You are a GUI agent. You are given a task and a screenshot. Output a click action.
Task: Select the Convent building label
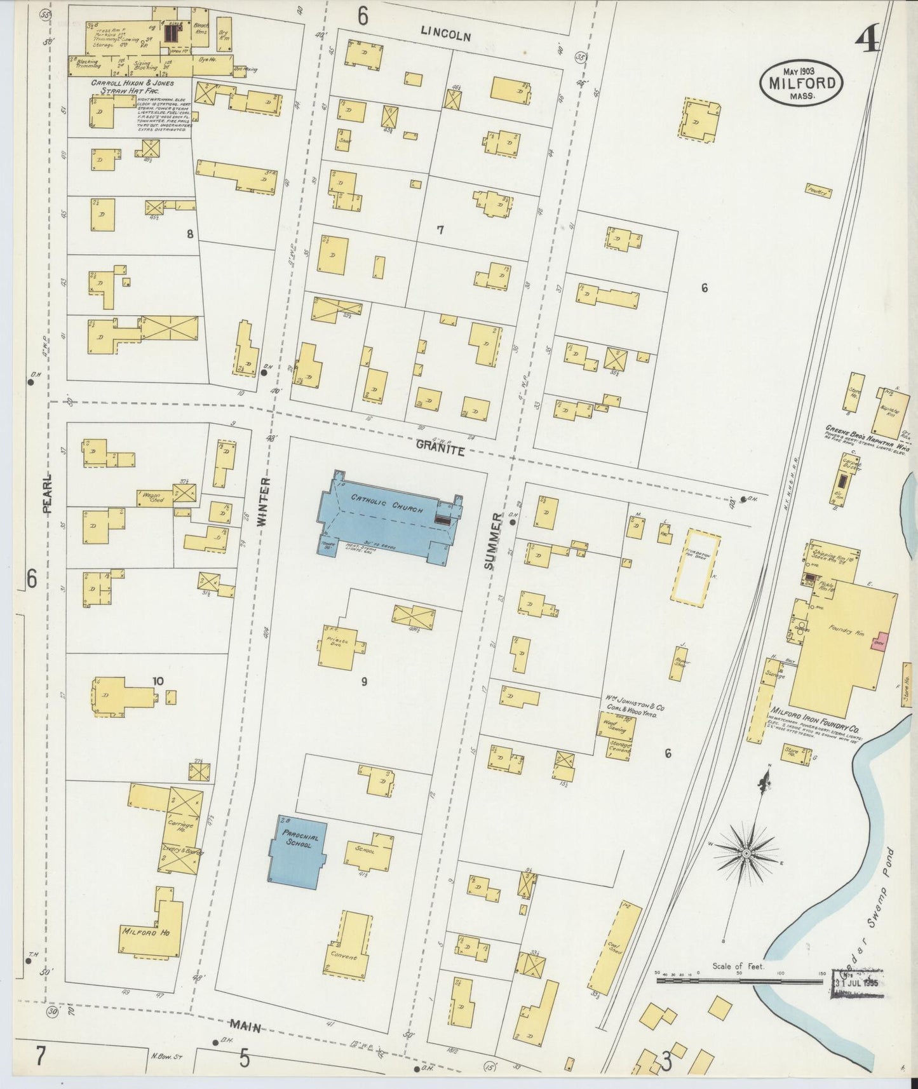tap(343, 957)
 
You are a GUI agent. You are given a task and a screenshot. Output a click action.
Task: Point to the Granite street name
tap(440, 449)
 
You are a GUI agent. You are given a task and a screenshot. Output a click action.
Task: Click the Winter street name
tap(264, 502)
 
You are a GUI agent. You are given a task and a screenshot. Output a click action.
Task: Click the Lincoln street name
tap(447, 36)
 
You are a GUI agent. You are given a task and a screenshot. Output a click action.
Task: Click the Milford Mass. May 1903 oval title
tap(801, 83)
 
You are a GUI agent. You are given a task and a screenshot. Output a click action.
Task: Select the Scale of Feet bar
tap(740, 980)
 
